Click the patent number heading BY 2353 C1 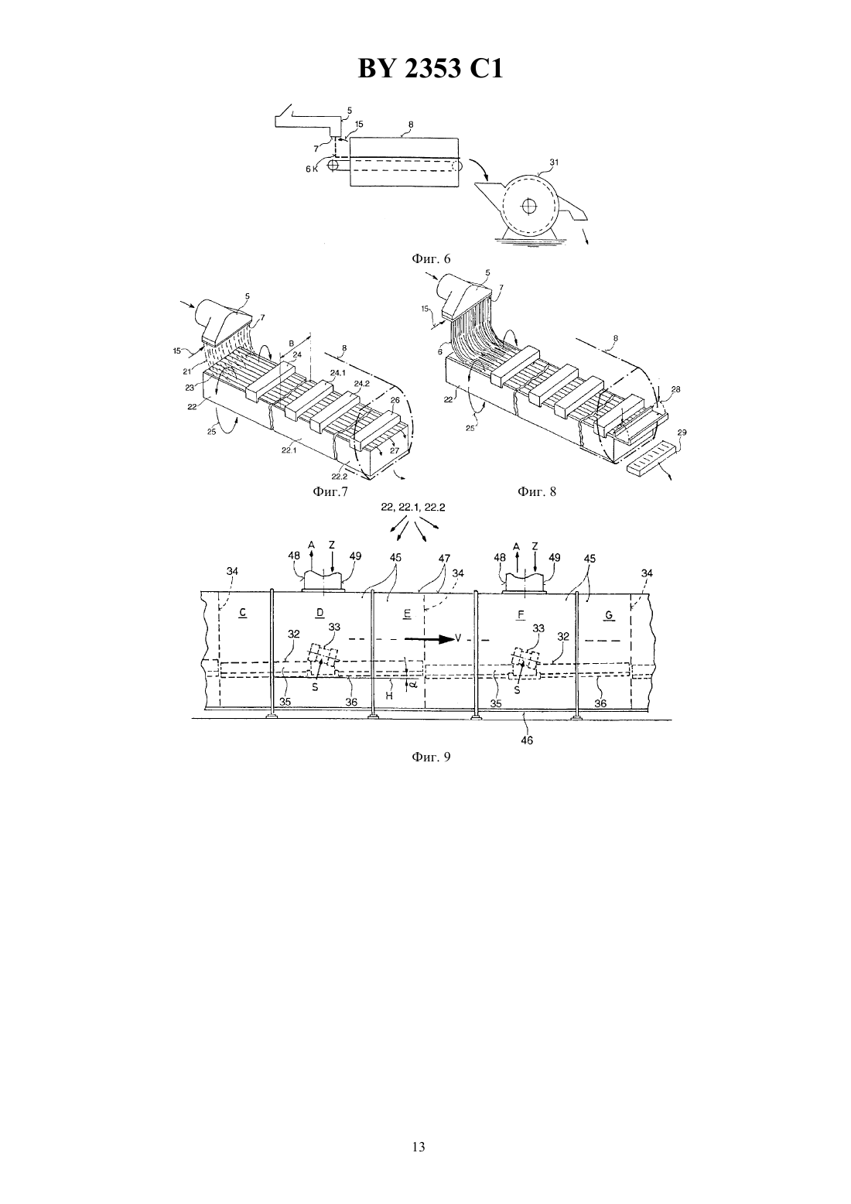coord(430,69)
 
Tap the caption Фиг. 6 coord(431,259)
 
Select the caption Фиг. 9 coord(431,757)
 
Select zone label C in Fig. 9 coord(243,613)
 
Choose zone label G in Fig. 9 coord(609,616)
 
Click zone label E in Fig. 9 coord(407,614)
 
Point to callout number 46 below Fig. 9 coord(527,741)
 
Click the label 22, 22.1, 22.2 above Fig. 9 coord(412,507)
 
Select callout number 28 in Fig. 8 coord(676,389)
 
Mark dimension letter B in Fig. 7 coord(291,342)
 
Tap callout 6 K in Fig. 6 coord(312,169)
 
